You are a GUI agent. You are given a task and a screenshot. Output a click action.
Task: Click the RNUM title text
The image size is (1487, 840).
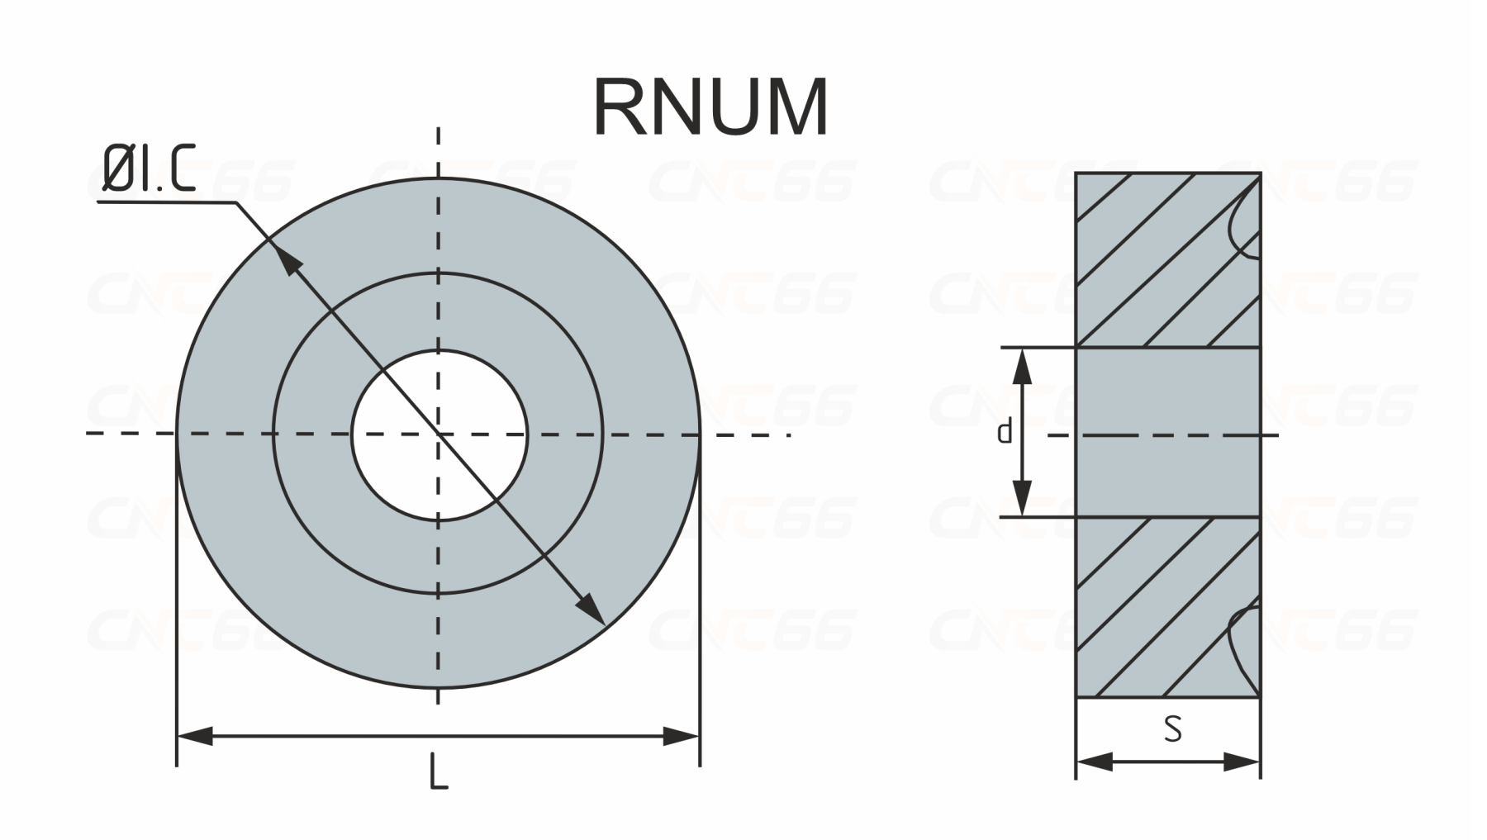[710, 107]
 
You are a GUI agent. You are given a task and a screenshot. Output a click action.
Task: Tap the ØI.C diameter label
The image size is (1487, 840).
[148, 170]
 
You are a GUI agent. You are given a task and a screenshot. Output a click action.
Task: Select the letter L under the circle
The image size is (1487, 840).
[439, 772]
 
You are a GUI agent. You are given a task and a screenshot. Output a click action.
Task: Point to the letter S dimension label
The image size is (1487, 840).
[1172, 728]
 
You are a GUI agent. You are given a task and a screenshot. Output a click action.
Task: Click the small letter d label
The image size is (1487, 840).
[1005, 431]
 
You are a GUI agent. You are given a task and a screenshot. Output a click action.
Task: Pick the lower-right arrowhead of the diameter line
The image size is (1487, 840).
[591, 610]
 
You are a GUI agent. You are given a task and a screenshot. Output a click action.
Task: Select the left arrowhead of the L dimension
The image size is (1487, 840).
[195, 736]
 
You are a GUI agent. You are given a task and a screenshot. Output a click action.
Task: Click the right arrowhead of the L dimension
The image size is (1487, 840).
[682, 736]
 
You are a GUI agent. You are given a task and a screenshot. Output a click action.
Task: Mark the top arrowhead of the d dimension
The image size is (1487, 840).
[1024, 365]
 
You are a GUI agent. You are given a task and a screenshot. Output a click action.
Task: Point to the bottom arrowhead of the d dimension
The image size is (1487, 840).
[1024, 499]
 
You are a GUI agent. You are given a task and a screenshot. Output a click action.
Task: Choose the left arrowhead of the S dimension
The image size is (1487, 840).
[1092, 762]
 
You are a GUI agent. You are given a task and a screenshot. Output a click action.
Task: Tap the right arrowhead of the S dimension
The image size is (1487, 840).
[1243, 762]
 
